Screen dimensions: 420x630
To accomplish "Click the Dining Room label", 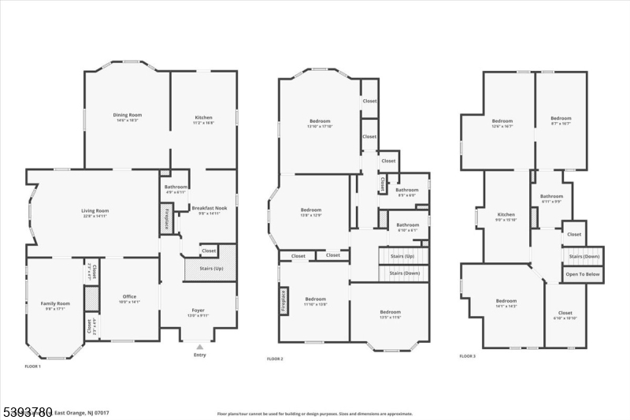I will (127, 115).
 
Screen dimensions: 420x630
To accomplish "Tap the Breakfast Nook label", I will (204, 208).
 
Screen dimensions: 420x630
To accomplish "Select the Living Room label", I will (94, 210).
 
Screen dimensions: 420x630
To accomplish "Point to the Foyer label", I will (198, 310).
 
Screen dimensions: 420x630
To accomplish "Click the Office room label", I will (129, 296).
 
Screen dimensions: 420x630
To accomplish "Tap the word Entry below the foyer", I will (198, 355).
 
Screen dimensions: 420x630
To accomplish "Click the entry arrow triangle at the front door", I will (198, 345).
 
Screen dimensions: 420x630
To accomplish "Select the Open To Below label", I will (582, 273).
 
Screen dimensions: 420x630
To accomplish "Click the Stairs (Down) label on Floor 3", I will (584, 256).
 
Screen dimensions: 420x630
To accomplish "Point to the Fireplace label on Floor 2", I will (282, 302).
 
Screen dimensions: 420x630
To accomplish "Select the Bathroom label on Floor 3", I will (551, 196).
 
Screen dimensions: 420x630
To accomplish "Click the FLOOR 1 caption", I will (33, 366).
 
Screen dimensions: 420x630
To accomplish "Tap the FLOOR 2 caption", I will (275, 359).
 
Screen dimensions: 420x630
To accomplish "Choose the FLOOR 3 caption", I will (467, 356).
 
